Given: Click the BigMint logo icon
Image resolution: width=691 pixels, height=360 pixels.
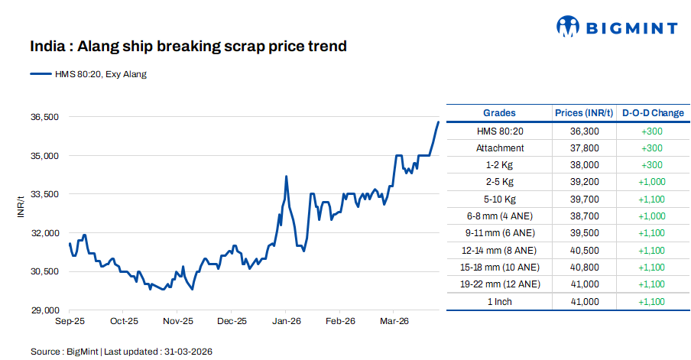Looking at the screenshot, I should (x=569, y=28).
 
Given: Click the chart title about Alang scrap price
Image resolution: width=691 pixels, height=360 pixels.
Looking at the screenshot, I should (x=188, y=47).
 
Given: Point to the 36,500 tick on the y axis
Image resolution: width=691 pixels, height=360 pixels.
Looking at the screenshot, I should (x=44, y=117).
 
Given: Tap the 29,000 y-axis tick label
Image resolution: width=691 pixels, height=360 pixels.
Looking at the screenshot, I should (x=44, y=310).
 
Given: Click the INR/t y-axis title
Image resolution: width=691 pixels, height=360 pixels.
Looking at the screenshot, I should (x=21, y=208).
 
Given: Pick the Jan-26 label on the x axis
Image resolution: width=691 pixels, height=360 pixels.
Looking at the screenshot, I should (x=285, y=322).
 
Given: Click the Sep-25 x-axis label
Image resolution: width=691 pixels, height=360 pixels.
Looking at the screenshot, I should (x=70, y=322).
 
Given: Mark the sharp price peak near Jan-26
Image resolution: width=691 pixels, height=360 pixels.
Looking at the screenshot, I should (x=286, y=177).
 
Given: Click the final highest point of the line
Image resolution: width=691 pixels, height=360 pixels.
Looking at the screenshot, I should (x=438, y=122).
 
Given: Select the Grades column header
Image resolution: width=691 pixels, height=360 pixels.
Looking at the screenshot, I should (x=499, y=113).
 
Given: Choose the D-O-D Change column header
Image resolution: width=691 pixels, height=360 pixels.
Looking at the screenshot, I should (x=653, y=113).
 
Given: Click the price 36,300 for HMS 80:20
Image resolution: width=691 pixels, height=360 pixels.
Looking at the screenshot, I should (x=584, y=131).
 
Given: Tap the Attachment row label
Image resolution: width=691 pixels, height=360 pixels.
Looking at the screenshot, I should (x=499, y=148).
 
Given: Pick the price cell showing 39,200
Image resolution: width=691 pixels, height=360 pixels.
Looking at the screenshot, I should (x=584, y=182).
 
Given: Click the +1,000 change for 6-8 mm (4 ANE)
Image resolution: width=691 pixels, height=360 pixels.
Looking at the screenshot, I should (x=653, y=216).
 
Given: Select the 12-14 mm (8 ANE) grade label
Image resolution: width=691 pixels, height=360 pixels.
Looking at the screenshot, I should (x=499, y=250).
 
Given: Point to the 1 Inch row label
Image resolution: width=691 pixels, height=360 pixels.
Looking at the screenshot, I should (x=499, y=301).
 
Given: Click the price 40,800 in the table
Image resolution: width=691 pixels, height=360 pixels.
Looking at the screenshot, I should (x=584, y=268).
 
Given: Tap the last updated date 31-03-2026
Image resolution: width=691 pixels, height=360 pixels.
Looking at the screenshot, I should (x=187, y=352).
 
